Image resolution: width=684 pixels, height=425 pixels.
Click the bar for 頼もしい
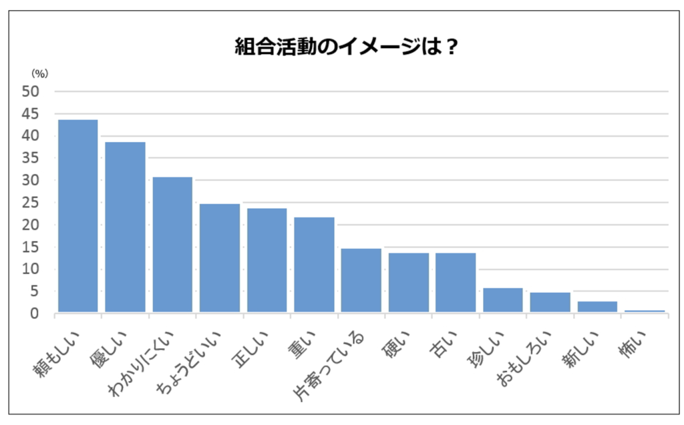[x=78, y=216]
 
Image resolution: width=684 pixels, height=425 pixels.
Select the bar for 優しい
[x=125, y=227]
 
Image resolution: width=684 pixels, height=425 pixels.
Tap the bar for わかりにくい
[x=172, y=244]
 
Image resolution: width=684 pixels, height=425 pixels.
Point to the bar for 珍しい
[x=502, y=300]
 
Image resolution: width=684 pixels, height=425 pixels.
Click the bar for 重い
[x=314, y=265]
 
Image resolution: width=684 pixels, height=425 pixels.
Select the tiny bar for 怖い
[x=644, y=311]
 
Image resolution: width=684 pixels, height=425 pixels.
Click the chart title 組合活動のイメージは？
[x=342, y=47]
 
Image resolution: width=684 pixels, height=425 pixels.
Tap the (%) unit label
[x=41, y=74]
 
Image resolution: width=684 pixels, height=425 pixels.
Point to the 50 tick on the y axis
[x=31, y=91]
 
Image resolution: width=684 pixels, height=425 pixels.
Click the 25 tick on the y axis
[x=31, y=203]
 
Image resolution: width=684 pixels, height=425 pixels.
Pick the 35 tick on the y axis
[x=31, y=158]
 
